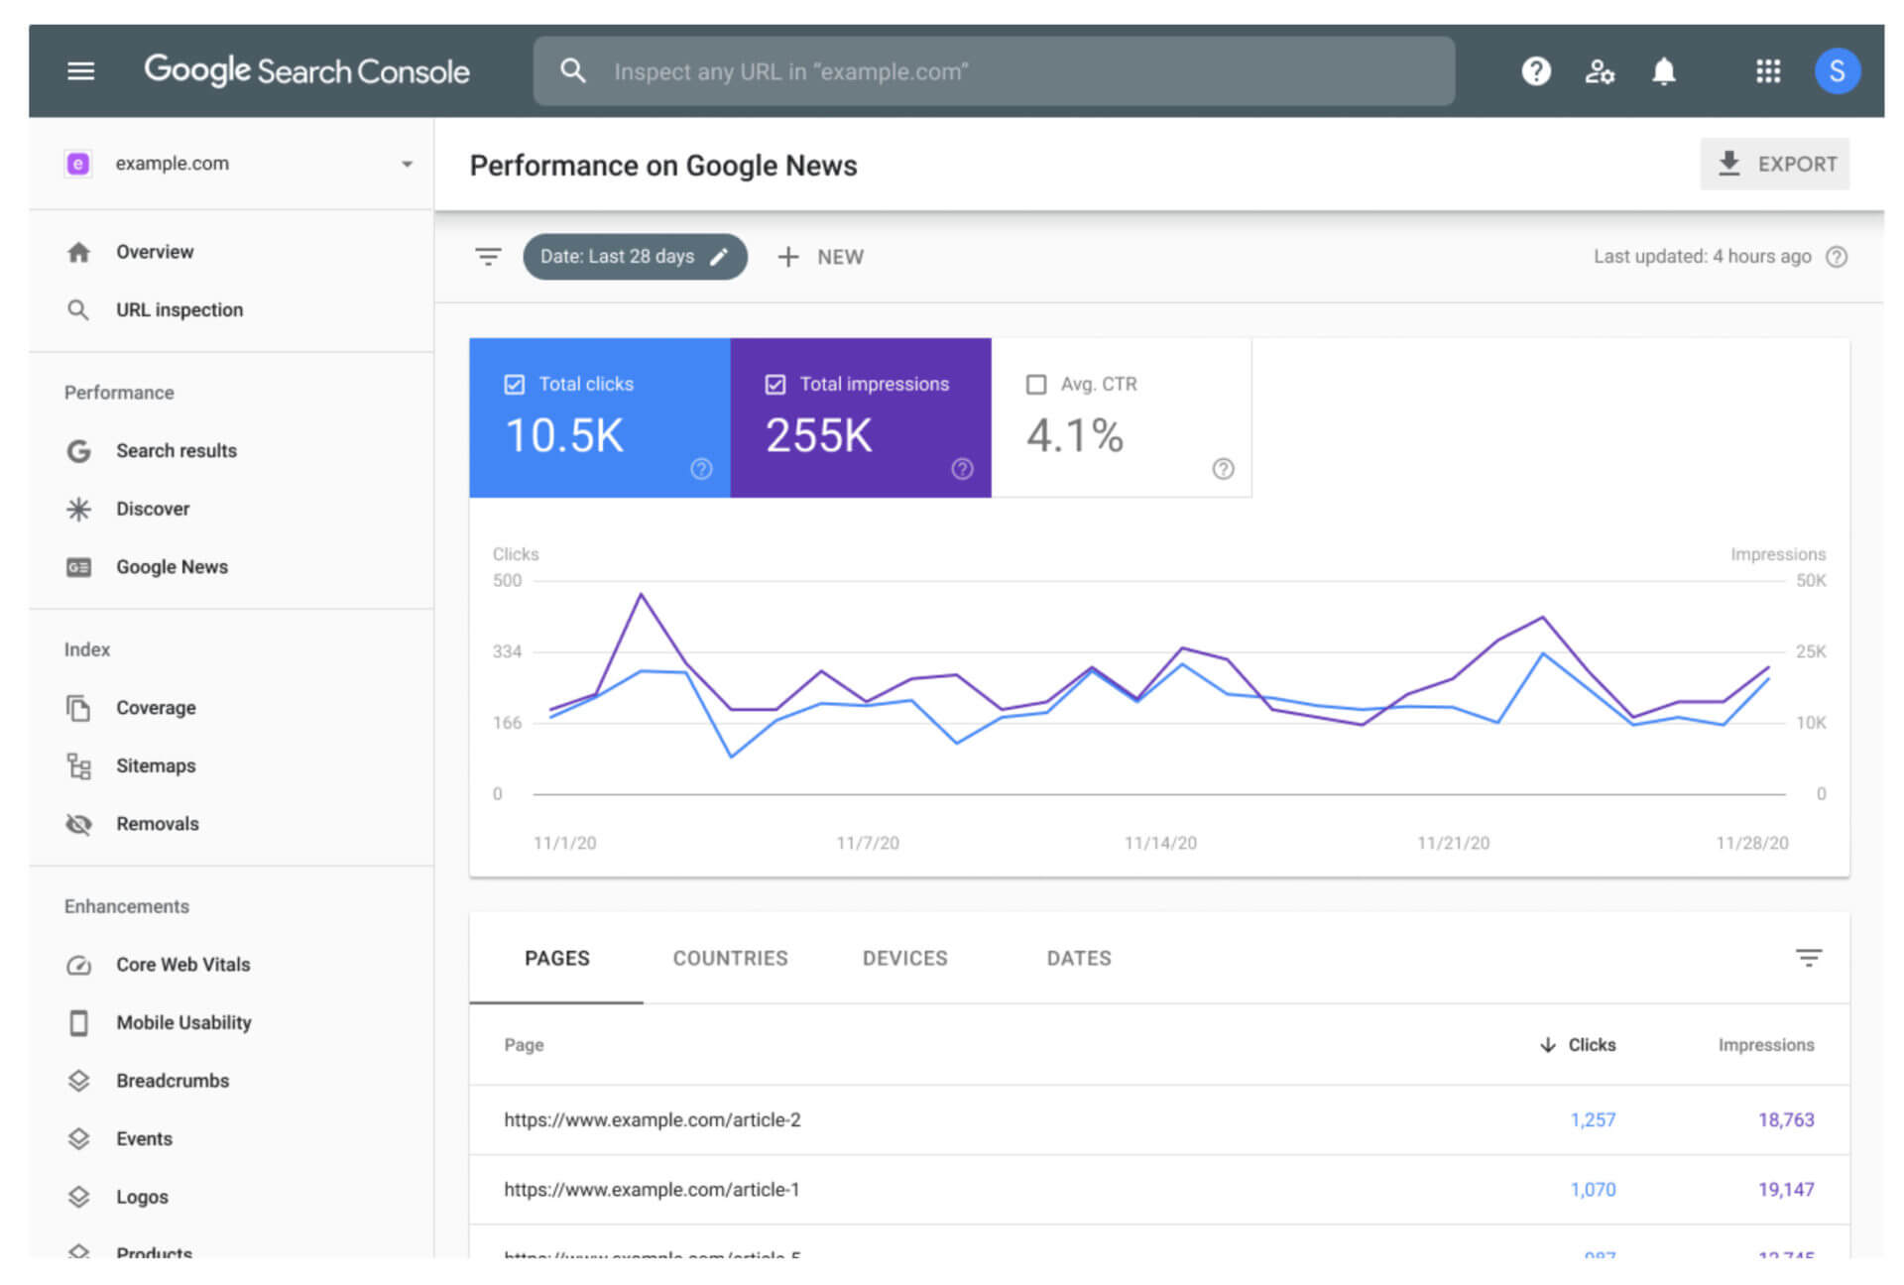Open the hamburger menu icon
click(80, 71)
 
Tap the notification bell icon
click(1663, 71)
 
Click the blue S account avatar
click(1836, 71)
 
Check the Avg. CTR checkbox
click(1036, 385)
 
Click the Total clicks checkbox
click(514, 385)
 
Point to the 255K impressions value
click(818, 436)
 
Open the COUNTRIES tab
click(730, 958)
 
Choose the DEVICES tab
click(904, 958)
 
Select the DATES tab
click(1078, 958)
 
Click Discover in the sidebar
click(152, 509)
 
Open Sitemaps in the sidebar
click(155, 765)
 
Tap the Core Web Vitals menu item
click(182, 965)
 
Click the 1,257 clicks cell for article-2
click(1593, 1119)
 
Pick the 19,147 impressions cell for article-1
click(1785, 1189)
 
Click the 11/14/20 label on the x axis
click(1159, 843)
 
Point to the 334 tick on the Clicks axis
click(507, 651)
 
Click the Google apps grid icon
click(1767, 71)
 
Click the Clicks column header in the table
click(1591, 1045)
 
